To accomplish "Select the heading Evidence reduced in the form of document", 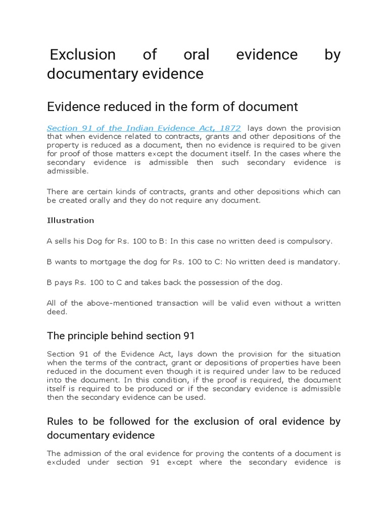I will pos(172,107).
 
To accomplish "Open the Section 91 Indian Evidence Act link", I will pos(143,128).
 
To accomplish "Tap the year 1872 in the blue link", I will pos(227,128).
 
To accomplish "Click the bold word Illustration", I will pos(70,220).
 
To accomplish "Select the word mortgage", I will pos(105,262).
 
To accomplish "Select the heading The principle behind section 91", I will pos(121,336).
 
